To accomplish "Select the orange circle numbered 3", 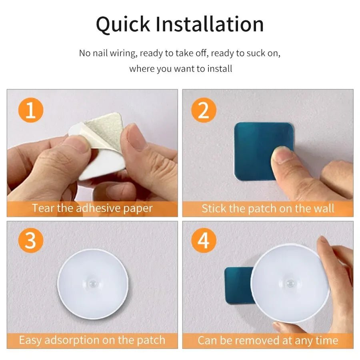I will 30,241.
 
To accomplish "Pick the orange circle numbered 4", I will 204,241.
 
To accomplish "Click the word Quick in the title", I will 123,24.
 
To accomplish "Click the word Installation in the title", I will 210,24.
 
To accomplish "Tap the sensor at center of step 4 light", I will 290,282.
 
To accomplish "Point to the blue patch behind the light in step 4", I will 238,285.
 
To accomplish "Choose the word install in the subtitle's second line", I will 220,68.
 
